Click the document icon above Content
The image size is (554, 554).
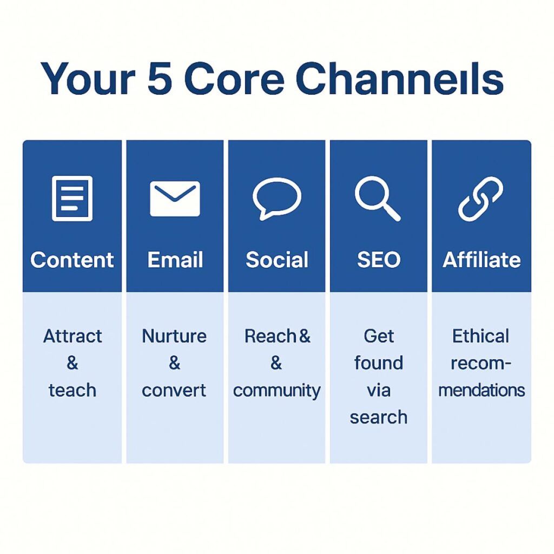[72, 199]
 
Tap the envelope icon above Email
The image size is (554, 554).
[175, 199]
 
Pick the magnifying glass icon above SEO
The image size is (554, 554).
[377, 199]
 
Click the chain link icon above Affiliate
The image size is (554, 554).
[480, 199]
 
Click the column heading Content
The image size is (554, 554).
[72, 260]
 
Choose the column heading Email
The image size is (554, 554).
[175, 260]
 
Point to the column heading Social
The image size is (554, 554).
[277, 260]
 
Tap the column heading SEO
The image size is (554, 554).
[378, 260]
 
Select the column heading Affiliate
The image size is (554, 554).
[482, 260]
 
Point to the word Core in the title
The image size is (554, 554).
[234, 78]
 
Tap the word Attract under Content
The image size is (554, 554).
[72, 336]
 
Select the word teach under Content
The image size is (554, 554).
[72, 390]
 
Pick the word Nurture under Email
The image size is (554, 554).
[174, 336]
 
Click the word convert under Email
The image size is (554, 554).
[174, 390]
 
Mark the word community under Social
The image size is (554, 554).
[277, 390]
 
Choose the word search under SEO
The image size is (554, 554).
[378, 417]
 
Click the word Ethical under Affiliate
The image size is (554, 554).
[481, 336]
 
